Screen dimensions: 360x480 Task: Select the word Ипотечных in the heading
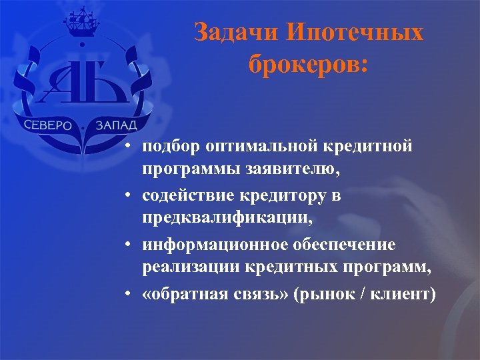pos(351,33)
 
